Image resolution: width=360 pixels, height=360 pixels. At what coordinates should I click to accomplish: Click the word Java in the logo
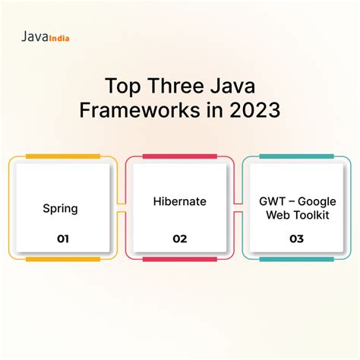pyautogui.click(x=33, y=36)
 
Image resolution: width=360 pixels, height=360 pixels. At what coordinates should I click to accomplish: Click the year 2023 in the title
pyautogui.click(x=254, y=111)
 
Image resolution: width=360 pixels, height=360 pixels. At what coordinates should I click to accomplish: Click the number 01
pyautogui.click(x=62, y=238)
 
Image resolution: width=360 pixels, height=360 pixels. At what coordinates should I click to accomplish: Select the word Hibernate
pyautogui.click(x=179, y=201)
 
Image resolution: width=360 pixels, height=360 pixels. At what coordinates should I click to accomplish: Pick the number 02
pyautogui.click(x=180, y=238)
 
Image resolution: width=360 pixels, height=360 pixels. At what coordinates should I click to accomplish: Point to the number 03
pyautogui.click(x=296, y=238)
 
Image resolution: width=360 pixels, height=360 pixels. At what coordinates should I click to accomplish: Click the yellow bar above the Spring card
pyautogui.click(x=62, y=156)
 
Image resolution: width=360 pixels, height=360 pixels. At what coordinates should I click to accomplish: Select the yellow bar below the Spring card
pyautogui.click(x=62, y=259)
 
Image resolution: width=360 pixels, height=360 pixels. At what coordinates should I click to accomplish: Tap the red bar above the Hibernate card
pyautogui.click(x=180, y=156)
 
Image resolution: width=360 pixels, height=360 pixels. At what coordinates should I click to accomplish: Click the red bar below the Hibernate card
pyautogui.click(x=180, y=259)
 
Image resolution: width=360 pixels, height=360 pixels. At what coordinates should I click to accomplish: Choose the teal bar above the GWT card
pyautogui.click(x=296, y=156)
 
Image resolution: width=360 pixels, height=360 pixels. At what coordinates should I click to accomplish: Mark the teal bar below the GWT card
pyautogui.click(x=296, y=259)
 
